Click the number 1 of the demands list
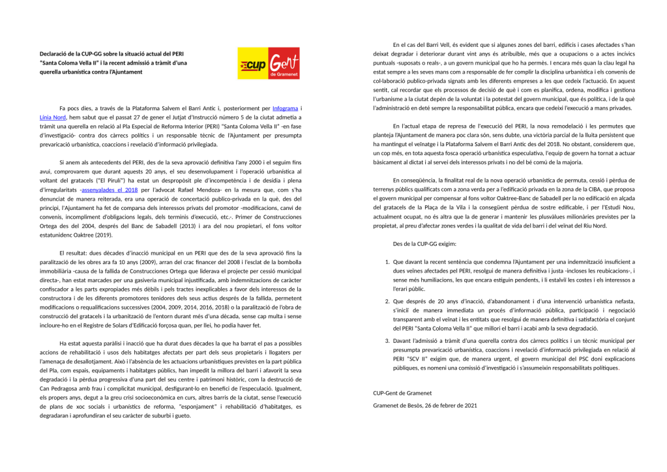point(387,262)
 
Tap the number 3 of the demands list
point(387,341)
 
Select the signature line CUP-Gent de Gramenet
point(402,394)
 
